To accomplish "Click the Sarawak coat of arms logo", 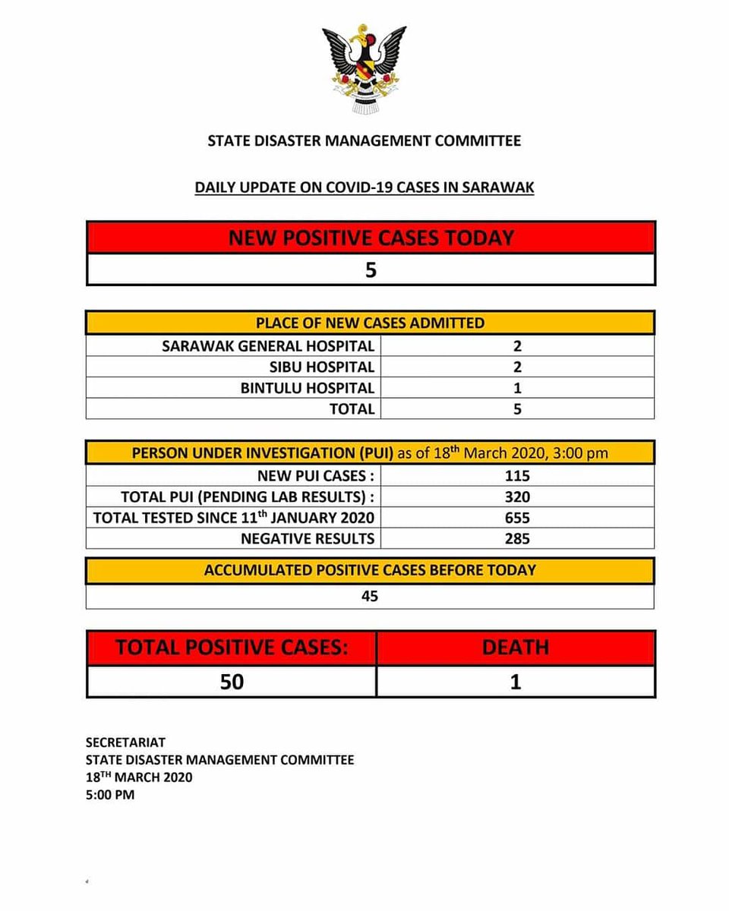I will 364,68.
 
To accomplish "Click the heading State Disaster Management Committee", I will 364,140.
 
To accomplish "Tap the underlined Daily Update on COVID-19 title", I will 364,187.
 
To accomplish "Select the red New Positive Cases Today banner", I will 371,238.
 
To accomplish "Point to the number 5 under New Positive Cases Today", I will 371,270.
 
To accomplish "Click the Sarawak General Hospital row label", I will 268,346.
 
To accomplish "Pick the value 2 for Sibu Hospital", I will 516,367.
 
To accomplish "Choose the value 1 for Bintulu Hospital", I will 516,388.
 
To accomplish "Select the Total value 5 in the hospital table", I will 516,409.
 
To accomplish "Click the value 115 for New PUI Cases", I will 516,476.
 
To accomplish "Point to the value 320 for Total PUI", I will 516,497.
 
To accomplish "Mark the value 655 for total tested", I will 516,518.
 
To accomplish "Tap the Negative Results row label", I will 307,538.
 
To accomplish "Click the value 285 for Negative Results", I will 516,538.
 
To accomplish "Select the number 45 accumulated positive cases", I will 370,597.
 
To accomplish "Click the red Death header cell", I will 515,648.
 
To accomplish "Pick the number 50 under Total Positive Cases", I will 232,682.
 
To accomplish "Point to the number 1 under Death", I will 515,682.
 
